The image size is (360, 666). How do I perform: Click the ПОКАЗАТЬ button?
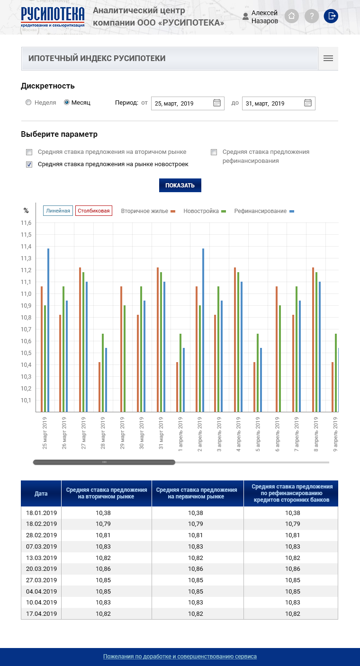[180, 186]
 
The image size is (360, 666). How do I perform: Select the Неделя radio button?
[29, 102]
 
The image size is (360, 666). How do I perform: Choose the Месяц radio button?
[67, 102]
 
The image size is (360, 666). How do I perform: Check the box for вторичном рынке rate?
[29, 152]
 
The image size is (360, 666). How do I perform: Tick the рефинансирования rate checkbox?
[214, 152]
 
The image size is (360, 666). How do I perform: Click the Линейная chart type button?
[58, 211]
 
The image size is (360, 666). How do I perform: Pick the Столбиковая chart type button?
[94, 211]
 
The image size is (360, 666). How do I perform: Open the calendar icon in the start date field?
[217, 103]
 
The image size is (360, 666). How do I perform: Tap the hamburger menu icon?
[328, 59]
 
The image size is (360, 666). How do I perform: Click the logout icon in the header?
[331, 16]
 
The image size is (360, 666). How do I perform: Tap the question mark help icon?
[311, 16]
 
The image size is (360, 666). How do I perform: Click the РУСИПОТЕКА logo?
[53, 17]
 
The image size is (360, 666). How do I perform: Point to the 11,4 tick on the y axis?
[26, 247]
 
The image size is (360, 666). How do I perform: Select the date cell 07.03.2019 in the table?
[41, 547]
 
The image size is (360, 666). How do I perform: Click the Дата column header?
[41, 494]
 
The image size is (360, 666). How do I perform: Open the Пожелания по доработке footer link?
[180, 657]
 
